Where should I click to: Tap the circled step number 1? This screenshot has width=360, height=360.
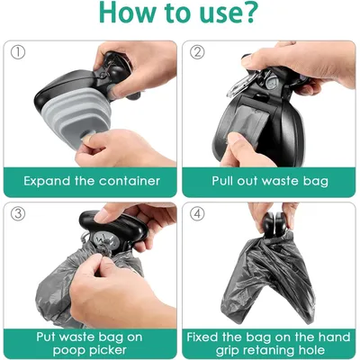tap(16, 51)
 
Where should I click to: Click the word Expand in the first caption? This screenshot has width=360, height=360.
tap(49, 180)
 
